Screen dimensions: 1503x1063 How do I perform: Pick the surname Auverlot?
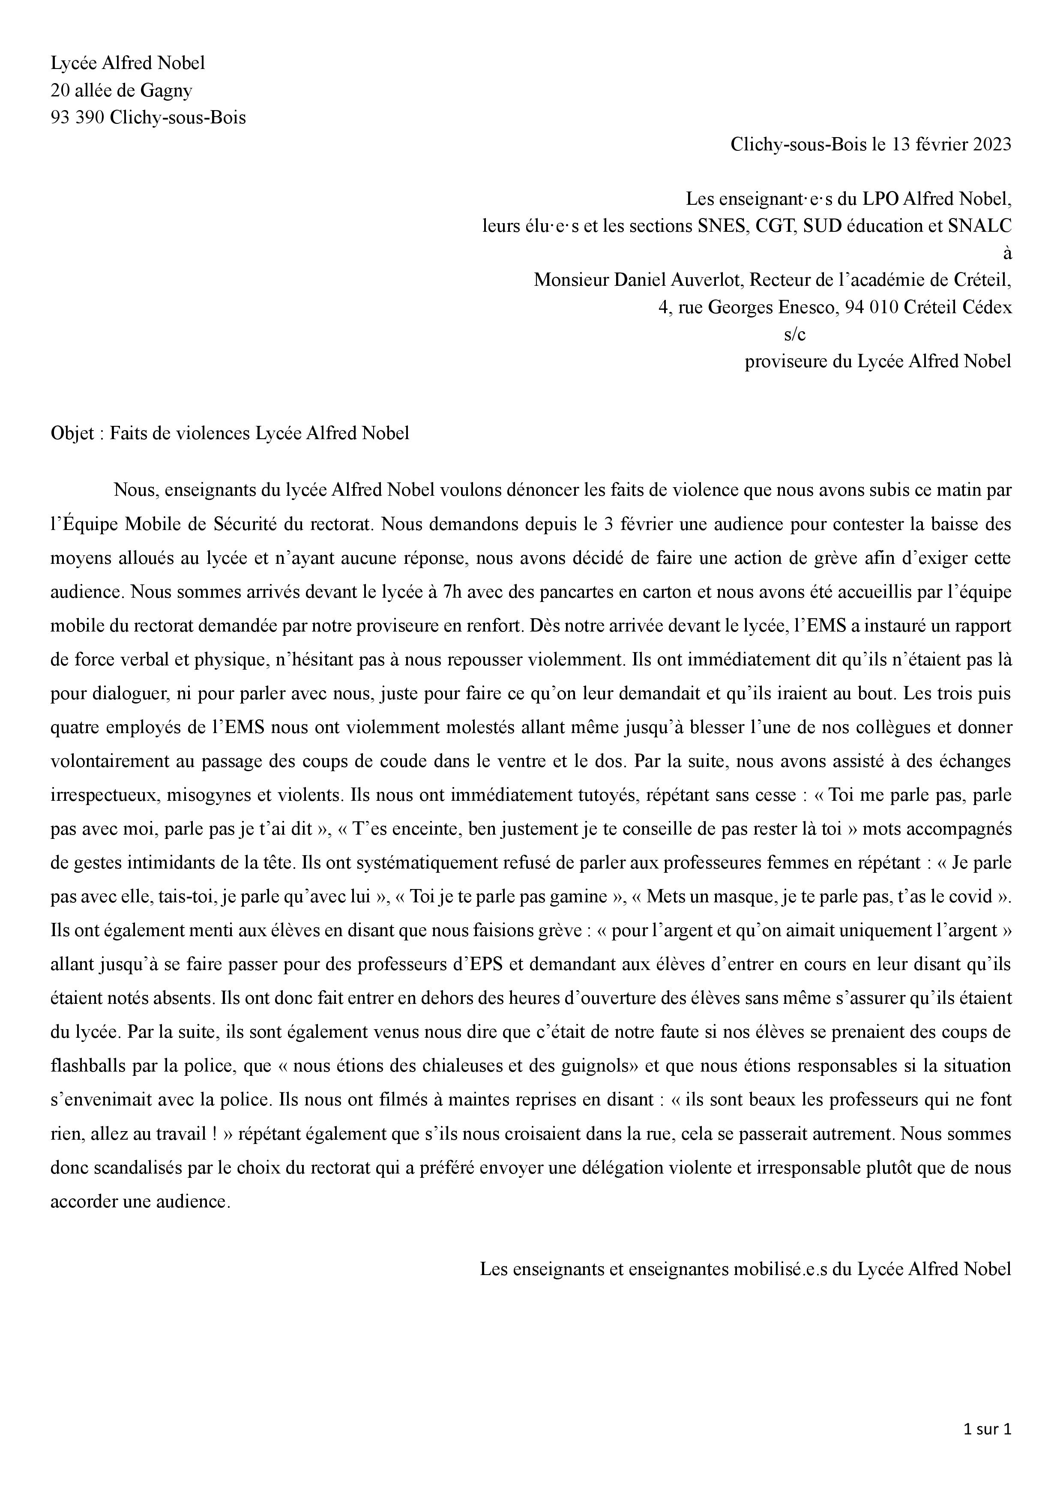pyautogui.click(x=709, y=280)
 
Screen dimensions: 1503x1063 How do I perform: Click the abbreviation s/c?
pyautogui.click(x=795, y=335)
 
